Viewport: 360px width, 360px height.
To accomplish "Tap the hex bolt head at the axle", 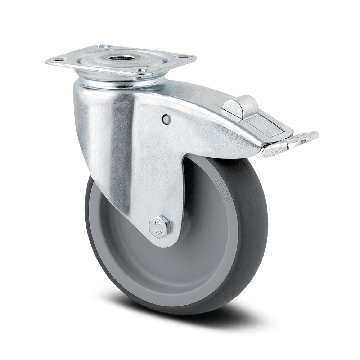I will tap(158, 226).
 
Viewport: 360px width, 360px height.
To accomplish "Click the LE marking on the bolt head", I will tap(157, 222).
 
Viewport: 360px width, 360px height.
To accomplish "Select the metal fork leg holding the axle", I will tap(151, 187).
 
